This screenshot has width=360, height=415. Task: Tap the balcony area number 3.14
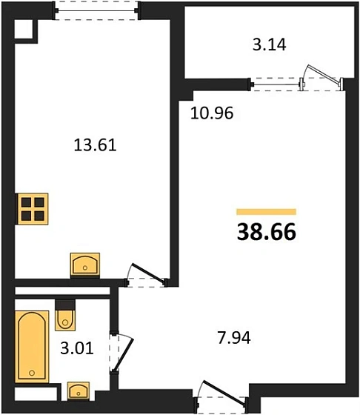pyautogui.click(x=269, y=44)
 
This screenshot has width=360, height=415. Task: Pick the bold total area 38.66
pyautogui.click(x=266, y=232)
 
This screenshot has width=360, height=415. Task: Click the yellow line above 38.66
pyautogui.click(x=266, y=212)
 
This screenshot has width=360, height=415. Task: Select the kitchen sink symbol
pyautogui.click(x=86, y=264)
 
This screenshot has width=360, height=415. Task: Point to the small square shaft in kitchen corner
pyautogui.click(x=24, y=28)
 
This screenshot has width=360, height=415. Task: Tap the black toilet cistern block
pyautogui.click(x=65, y=303)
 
